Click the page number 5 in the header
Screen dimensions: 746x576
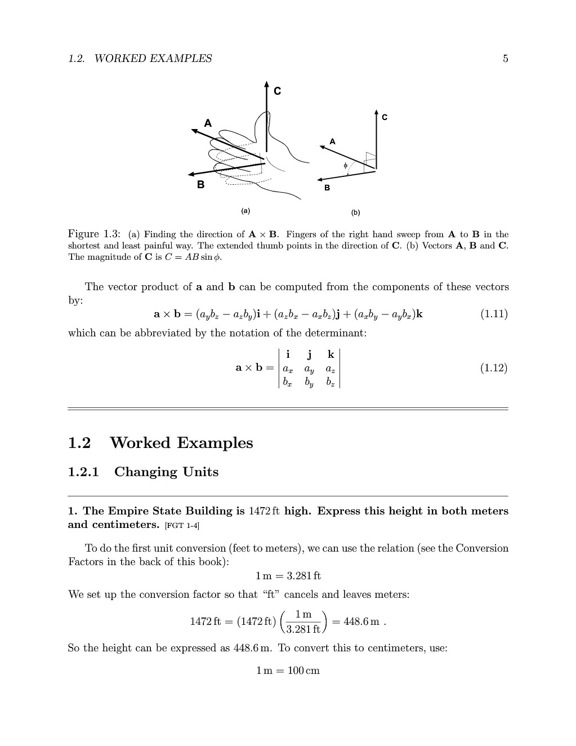[x=505, y=59]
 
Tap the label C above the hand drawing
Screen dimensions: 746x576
[x=277, y=91]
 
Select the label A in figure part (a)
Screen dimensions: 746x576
[x=208, y=123]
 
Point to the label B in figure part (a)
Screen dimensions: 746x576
[x=200, y=184]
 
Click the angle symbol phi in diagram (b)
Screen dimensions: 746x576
[x=346, y=166]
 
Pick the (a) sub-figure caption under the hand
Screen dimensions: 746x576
[x=245, y=211]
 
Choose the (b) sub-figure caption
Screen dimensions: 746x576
[x=355, y=212]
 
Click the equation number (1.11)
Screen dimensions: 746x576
[x=494, y=314]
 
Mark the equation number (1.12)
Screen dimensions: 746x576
[x=494, y=368]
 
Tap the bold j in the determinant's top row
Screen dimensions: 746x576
[x=309, y=354]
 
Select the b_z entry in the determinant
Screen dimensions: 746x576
[x=331, y=382]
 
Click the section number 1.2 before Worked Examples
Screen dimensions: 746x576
[x=79, y=443]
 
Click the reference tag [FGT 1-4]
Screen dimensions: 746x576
[x=182, y=526]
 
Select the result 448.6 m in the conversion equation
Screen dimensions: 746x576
[x=361, y=621]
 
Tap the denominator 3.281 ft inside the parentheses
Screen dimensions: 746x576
[x=303, y=629]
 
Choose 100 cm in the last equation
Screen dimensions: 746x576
[x=303, y=670]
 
